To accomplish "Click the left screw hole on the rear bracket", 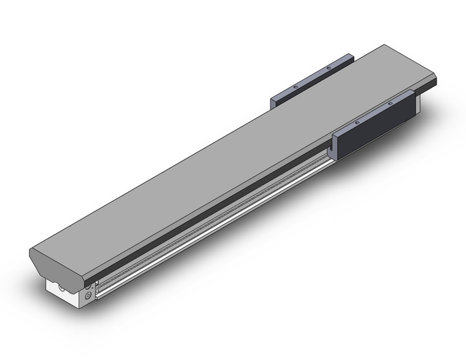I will tap(295, 88).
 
